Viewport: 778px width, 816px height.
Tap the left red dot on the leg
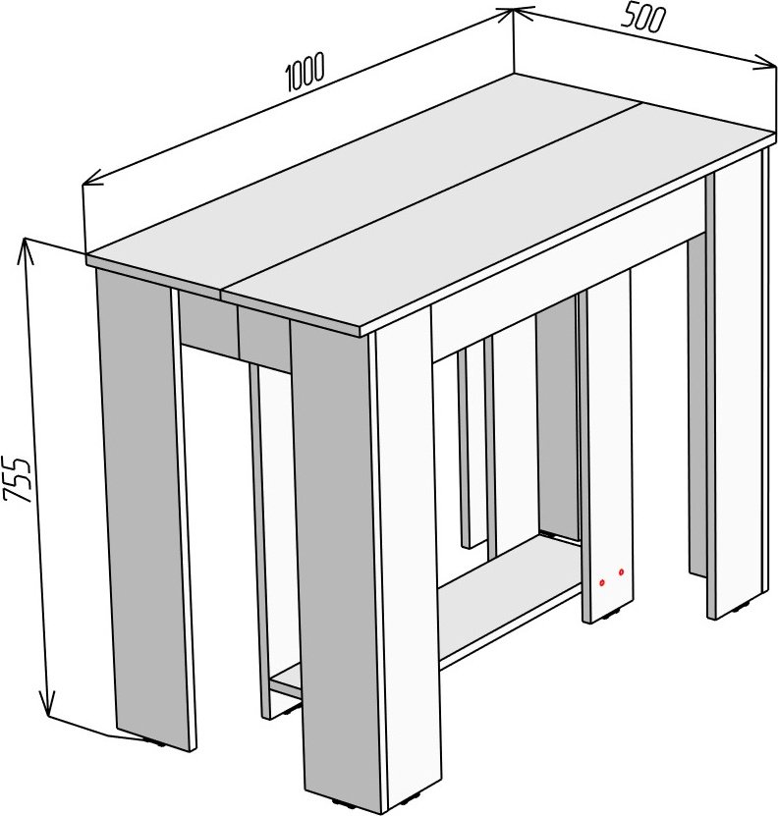[601, 582]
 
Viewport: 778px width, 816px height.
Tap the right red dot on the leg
[621, 572]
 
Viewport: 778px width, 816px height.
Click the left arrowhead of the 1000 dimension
[93, 179]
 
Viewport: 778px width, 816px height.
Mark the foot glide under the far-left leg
[154, 742]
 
